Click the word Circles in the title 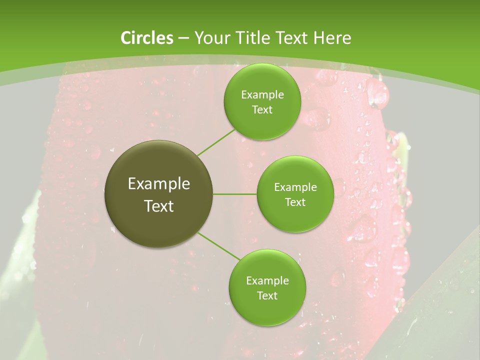pos(146,38)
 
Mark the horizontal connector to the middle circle pos(235,194)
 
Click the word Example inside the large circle pos(159,184)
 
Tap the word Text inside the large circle pos(159,206)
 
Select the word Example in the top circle pos(262,95)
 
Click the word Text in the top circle pos(262,110)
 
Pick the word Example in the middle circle pos(295,187)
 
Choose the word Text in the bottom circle pos(267,296)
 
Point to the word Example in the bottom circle pos(267,281)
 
